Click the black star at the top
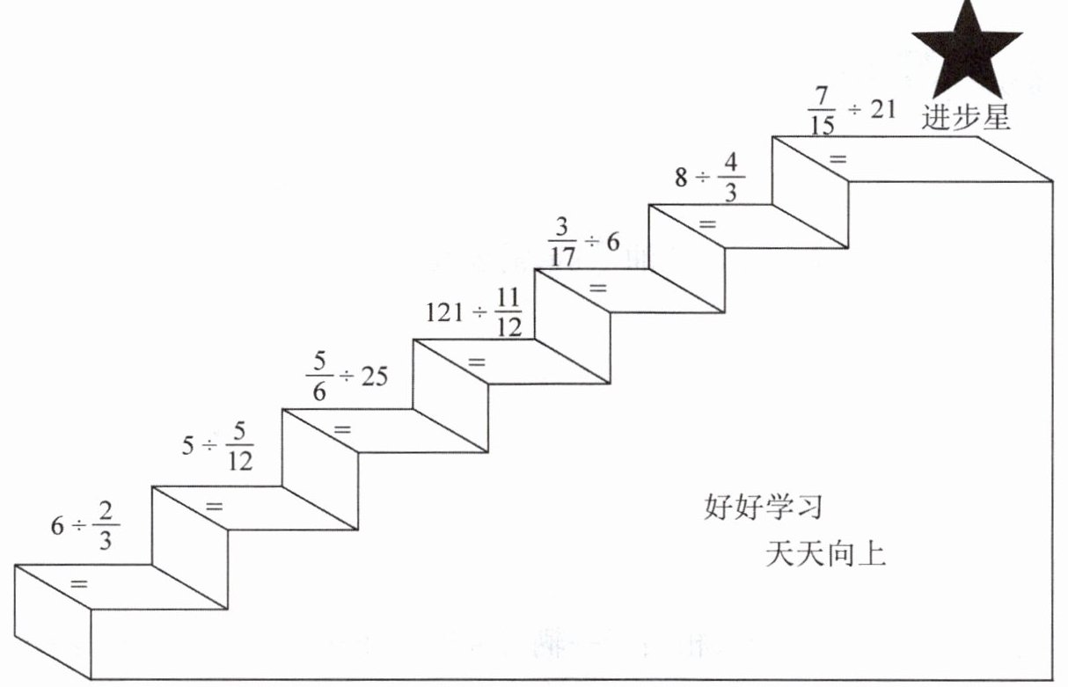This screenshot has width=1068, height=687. coord(966,51)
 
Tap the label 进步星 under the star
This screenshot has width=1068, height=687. coord(966,118)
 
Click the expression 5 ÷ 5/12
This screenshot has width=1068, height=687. coord(217,445)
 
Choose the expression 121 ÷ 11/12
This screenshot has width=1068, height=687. coord(473,312)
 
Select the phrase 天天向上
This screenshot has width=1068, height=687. coord(824,555)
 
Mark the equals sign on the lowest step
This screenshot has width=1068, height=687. coord(78,583)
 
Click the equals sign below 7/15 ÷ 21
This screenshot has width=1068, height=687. coord(838,159)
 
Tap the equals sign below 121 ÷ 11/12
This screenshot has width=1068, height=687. coord(477,361)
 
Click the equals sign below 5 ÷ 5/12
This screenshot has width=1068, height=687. coord(214,506)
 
